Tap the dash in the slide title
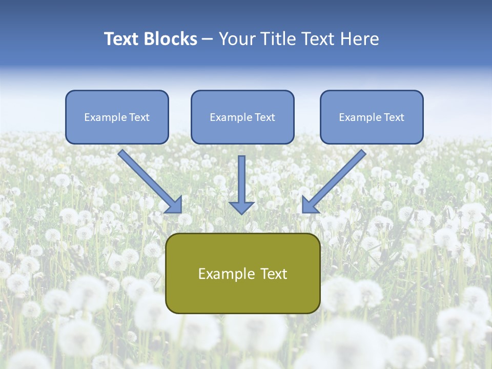click(x=208, y=39)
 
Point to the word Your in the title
click(x=237, y=39)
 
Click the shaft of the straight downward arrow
click(x=241, y=177)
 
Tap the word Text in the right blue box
click(x=394, y=117)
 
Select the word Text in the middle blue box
click(x=264, y=117)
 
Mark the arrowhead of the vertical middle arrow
click(x=241, y=208)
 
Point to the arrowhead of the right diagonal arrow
click(x=309, y=205)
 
